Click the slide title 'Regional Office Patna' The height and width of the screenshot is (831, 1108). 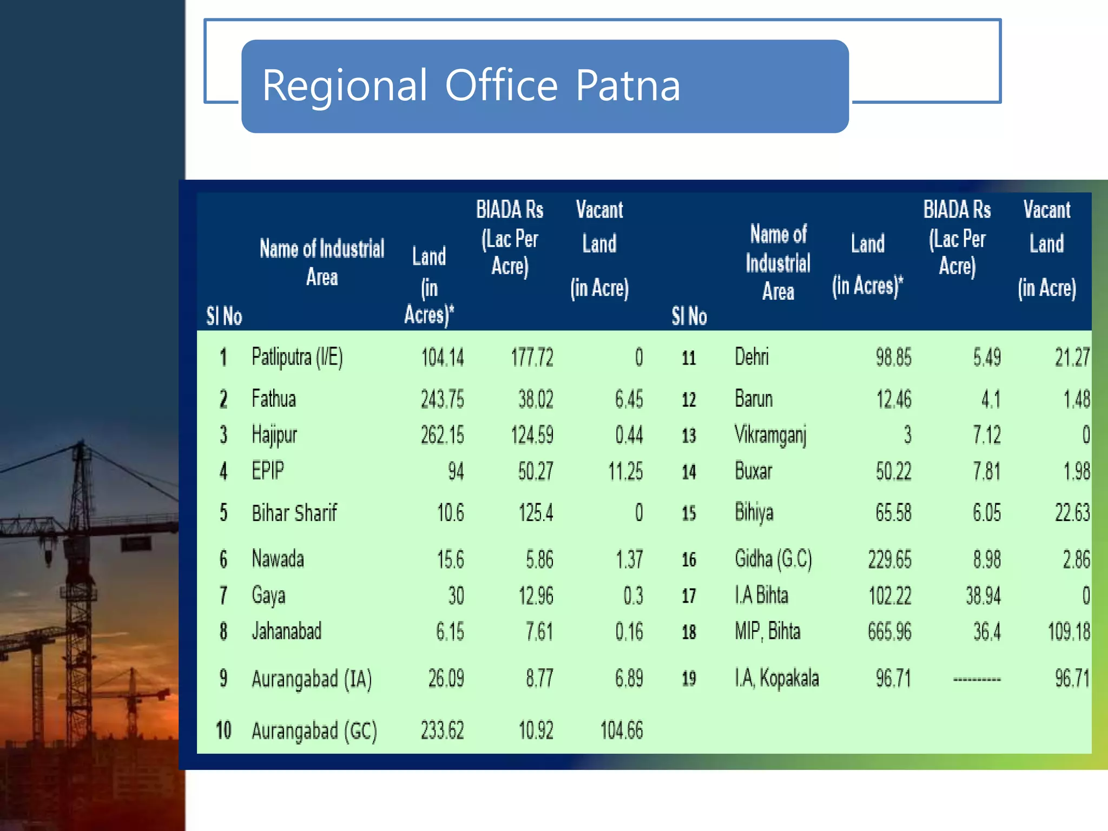pyautogui.click(x=471, y=85)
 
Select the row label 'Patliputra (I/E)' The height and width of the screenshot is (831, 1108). pyautogui.click(x=297, y=358)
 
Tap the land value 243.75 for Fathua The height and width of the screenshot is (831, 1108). pyautogui.click(x=442, y=399)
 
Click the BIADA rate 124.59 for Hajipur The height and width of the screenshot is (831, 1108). pyautogui.click(x=532, y=435)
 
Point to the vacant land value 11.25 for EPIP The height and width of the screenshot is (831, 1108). pyautogui.click(x=625, y=471)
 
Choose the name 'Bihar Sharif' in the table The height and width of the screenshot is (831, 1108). pyautogui.click(x=294, y=513)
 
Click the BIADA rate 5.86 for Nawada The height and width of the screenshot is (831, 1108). pyautogui.click(x=539, y=559)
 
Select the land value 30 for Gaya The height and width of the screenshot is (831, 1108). pyautogui.click(x=456, y=596)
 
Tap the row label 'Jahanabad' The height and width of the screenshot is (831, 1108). pyautogui.click(x=286, y=631)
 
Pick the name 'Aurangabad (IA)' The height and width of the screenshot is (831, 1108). pyautogui.click(x=312, y=679)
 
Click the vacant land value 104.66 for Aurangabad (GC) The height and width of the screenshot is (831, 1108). pyautogui.click(x=621, y=731)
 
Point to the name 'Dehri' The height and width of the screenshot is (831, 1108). pyautogui.click(x=751, y=357)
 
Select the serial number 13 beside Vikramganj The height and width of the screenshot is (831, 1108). pyautogui.click(x=689, y=436)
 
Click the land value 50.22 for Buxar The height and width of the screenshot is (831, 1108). pyautogui.click(x=893, y=471)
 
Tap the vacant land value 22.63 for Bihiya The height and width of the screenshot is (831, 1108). pyautogui.click(x=1072, y=513)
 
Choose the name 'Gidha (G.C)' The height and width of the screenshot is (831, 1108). pyautogui.click(x=773, y=559)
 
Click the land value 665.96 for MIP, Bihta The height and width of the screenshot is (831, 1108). pyautogui.click(x=889, y=631)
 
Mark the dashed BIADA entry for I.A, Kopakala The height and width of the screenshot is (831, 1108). pyautogui.click(x=977, y=679)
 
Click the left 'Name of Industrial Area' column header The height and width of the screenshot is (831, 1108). pyautogui.click(x=322, y=262)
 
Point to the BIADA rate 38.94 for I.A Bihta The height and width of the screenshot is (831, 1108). pyautogui.click(x=983, y=596)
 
